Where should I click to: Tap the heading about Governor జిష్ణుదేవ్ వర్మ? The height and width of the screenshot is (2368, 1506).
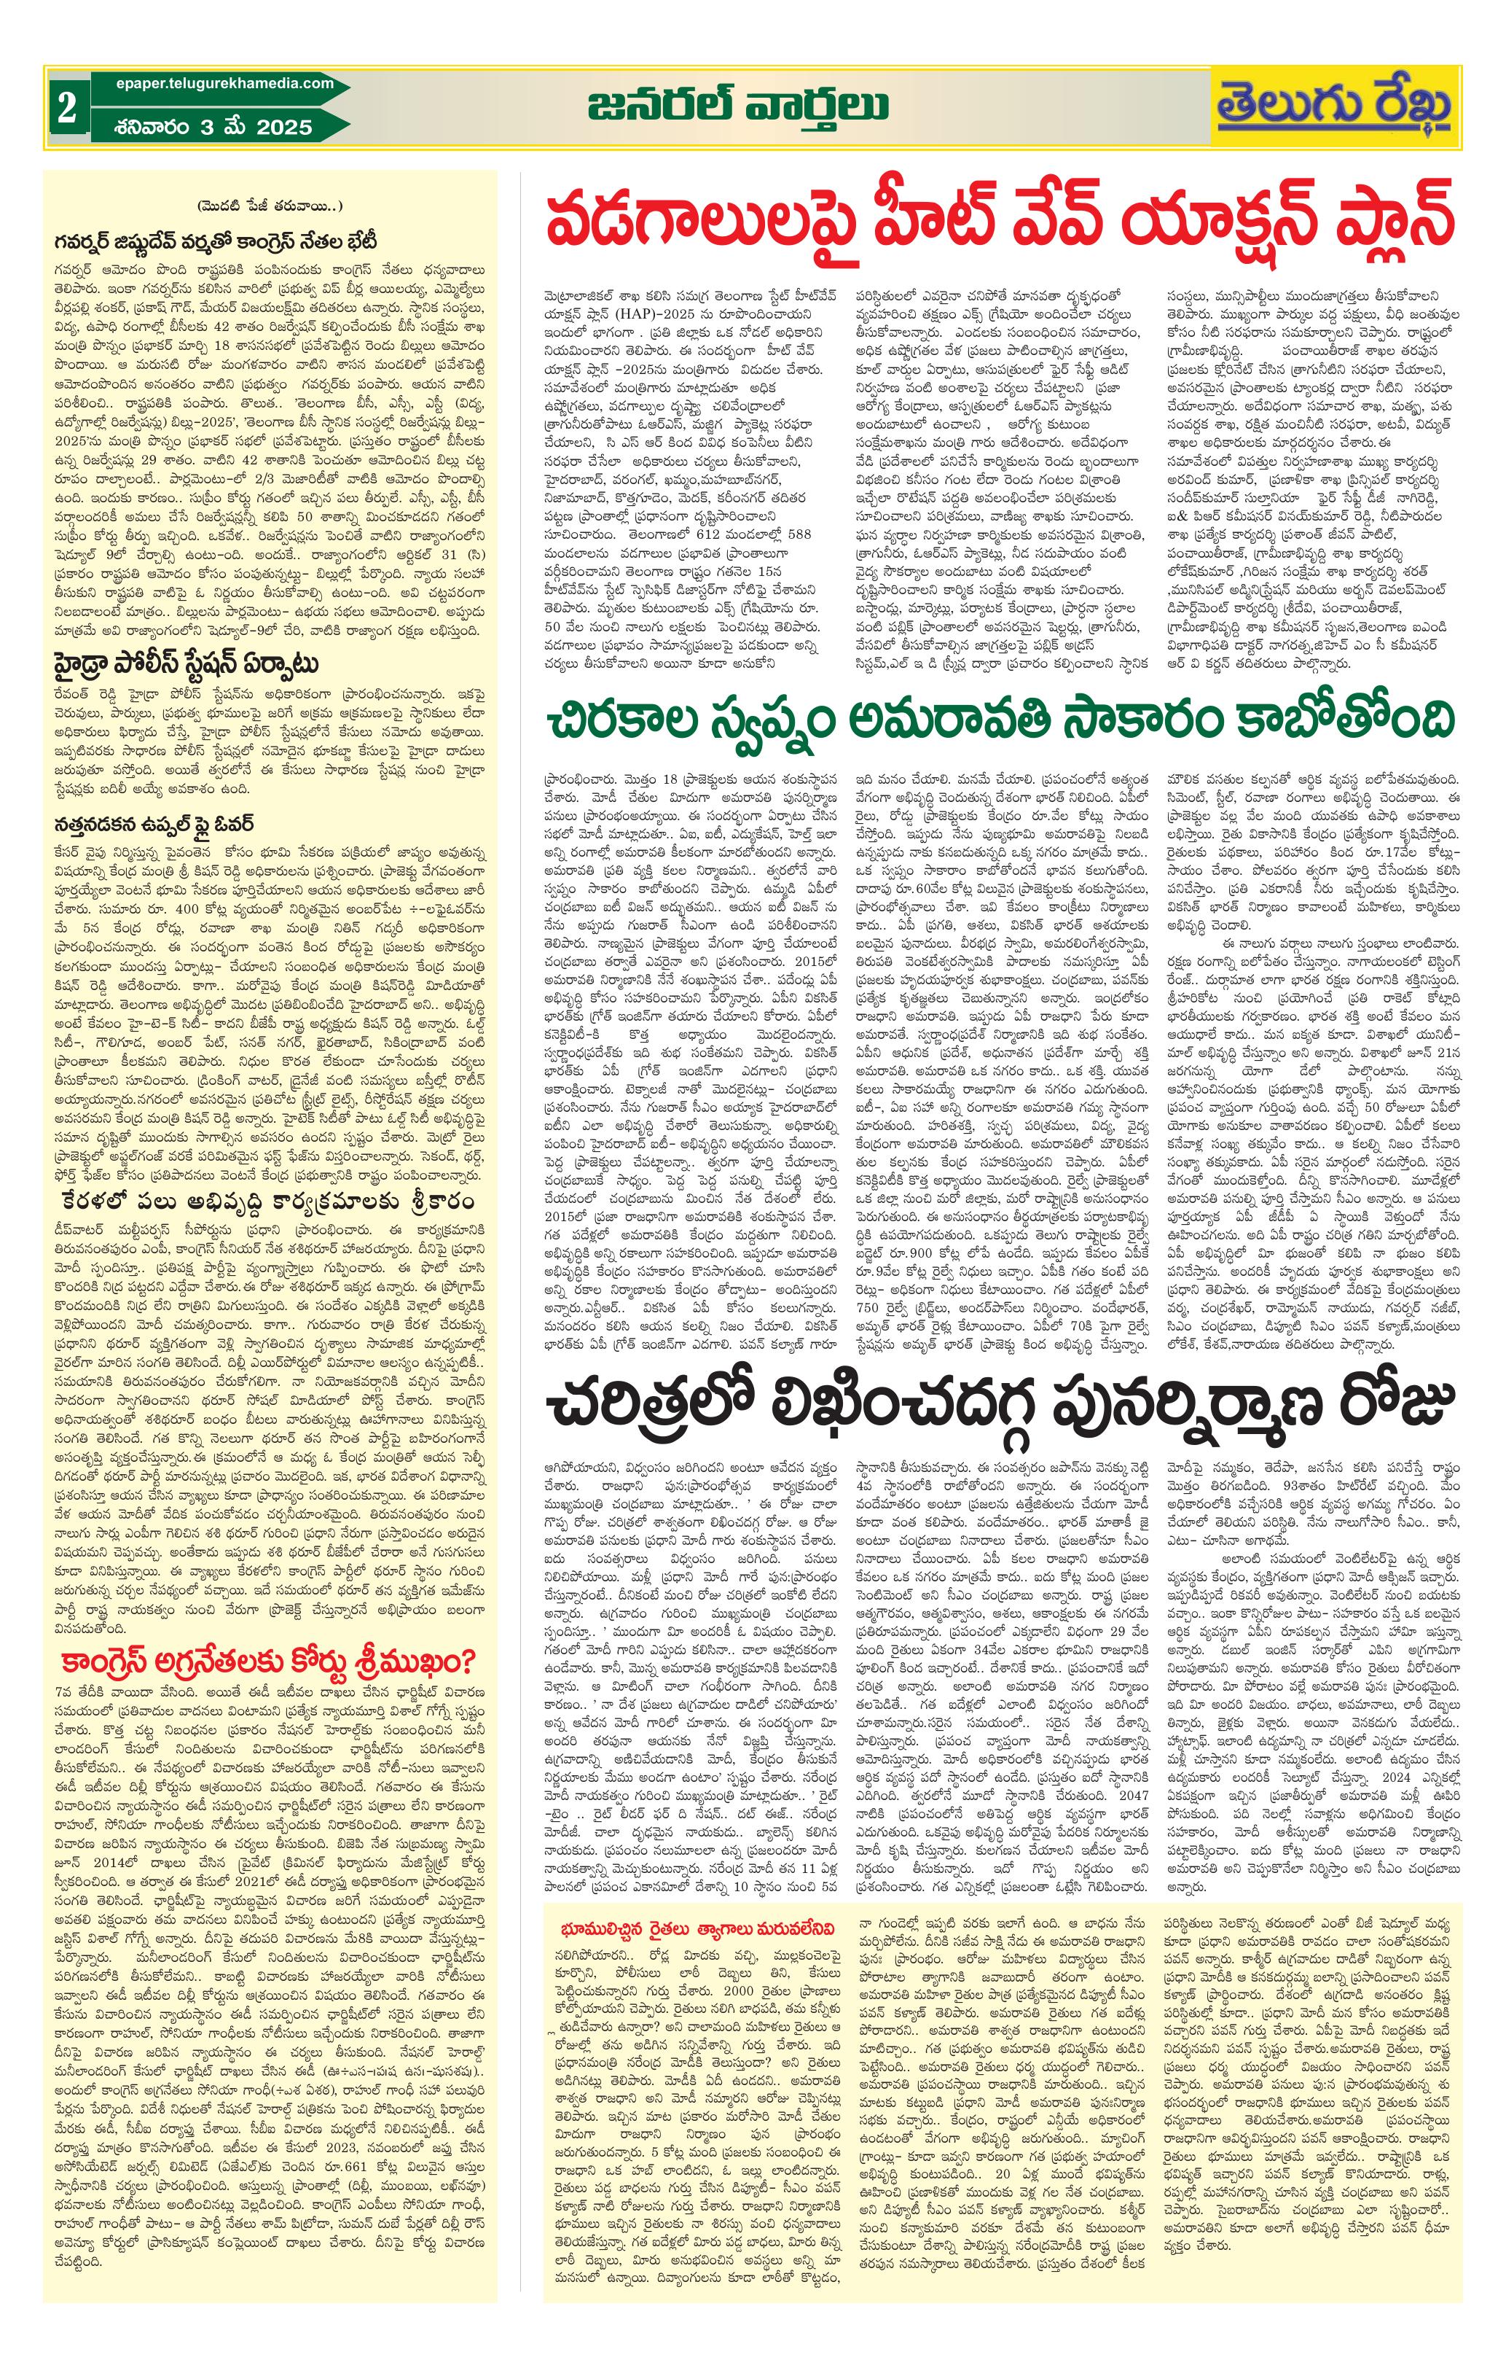212,240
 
